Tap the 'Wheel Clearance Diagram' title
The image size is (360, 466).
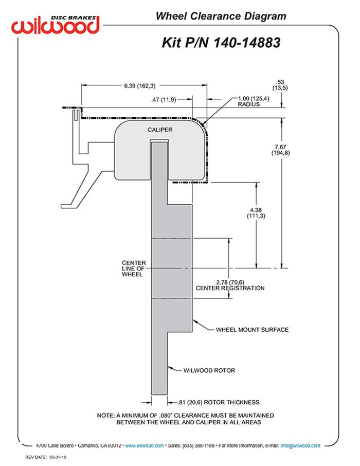[221, 16]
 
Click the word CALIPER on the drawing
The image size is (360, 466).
[160, 130]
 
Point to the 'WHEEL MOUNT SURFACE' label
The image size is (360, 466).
[252, 329]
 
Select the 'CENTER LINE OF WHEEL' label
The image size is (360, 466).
[134, 268]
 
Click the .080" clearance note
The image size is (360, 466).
[185, 419]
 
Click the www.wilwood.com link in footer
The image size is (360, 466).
[145, 445]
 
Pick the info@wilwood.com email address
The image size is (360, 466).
[300, 445]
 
